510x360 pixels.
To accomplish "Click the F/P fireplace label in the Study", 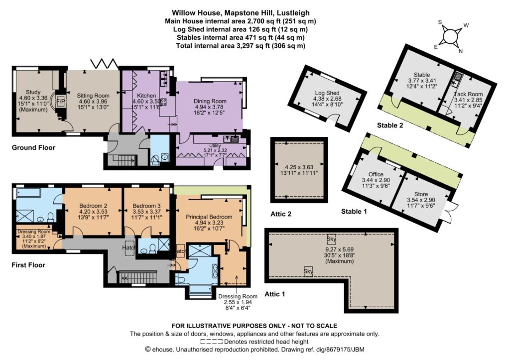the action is coord(60,101).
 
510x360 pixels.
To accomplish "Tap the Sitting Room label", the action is coord(93,96).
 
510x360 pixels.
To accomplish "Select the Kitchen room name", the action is coord(146,96).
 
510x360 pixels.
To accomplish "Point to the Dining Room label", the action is coord(210,101).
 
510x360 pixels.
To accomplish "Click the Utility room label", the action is coord(215,146).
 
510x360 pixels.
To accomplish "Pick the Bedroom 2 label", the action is coord(93,206).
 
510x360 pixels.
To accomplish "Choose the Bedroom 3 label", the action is coord(147,206).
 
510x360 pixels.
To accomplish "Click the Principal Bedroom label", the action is coord(209,217).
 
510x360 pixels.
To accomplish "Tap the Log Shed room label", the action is coord(327,93).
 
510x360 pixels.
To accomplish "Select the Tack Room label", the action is coord(468,94).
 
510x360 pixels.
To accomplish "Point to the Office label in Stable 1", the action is coord(376,174).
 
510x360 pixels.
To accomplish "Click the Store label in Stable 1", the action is coord(421,194).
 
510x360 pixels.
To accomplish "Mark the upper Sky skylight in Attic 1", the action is coord(331,240).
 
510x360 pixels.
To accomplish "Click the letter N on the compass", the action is coord(461,51).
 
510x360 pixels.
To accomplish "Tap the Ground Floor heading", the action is coord(33,148).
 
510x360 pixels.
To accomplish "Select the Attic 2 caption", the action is coord(281,214).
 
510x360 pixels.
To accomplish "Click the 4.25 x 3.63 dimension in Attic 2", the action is coord(299,167).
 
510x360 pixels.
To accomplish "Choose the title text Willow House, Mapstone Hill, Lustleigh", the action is coord(241,13).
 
